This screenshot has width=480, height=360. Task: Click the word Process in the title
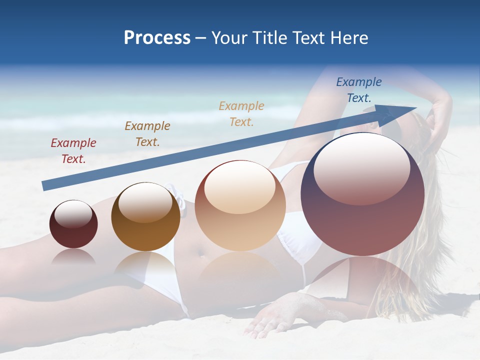(157, 38)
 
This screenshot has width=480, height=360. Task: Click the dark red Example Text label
(73, 151)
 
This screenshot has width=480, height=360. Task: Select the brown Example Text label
(147, 134)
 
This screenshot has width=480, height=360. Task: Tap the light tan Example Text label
(241, 113)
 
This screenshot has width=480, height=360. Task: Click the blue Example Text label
(359, 90)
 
